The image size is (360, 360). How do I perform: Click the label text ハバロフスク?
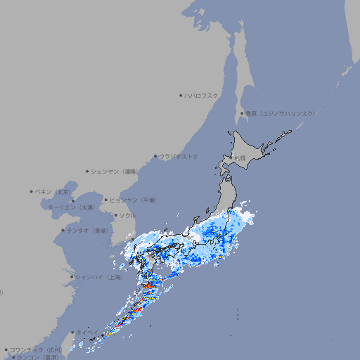[x=201, y=95]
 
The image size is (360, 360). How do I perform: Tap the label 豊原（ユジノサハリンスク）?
[x=280, y=113]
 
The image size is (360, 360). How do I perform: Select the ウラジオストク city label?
[x=179, y=156]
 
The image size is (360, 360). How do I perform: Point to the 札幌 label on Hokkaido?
[x=241, y=158]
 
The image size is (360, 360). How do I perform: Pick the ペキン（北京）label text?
[x=53, y=191]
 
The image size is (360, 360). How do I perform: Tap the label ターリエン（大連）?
[x=70, y=207]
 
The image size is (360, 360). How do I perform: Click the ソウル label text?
[x=127, y=215]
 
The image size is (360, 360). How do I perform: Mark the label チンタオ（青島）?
[x=87, y=230]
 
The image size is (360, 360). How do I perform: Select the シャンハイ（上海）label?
[x=100, y=276]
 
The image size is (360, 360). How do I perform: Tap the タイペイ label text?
[x=87, y=332]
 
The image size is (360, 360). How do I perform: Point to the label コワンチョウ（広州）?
[x=36, y=349]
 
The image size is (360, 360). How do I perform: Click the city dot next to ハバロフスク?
[x=181, y=95]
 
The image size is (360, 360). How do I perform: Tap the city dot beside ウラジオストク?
[x=155, y=156]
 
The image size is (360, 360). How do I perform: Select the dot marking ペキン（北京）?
[x=32, y=191]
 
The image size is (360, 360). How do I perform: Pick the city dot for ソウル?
[x=115, y=215]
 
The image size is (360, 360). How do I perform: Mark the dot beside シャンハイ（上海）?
[x=72, y=276]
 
